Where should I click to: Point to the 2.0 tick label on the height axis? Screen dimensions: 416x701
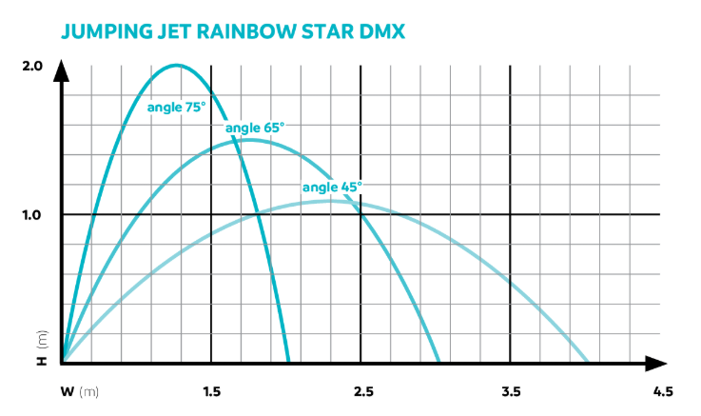(31, 66)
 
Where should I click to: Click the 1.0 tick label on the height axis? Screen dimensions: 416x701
(31, 214)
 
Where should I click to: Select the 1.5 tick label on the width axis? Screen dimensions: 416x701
(211, 391)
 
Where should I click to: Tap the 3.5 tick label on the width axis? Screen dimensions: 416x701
(511, 391)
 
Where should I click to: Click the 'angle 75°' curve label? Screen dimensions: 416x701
(176, 108)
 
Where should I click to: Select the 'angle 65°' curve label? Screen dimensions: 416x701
(255, 128)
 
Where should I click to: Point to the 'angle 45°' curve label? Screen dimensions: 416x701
(332, 188)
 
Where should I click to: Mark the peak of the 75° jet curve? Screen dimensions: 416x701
(178, 66)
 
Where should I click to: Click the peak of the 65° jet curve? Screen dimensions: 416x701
(247, 141)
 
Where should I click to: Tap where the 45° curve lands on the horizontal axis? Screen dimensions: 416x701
(588, 362)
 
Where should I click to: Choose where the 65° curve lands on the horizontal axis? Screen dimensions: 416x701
(438, 362)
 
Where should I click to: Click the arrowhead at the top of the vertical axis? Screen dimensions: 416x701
(62, 69)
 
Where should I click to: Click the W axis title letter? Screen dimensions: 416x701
(67, 391)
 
